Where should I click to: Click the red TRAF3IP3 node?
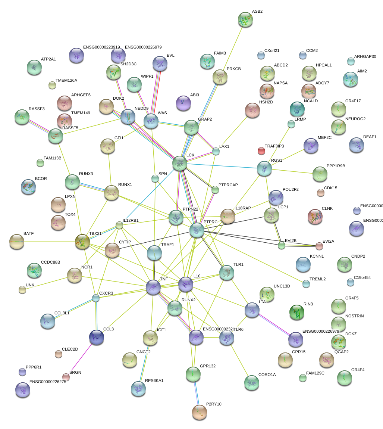coord(261,151)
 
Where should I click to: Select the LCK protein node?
coord(179,163)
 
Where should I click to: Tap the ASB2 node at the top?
coord(245,20)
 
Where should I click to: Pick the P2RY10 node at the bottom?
coord(199,412)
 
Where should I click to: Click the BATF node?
coord(16,242)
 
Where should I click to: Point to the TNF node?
coord(153,287)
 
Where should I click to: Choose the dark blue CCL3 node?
coord(97,337)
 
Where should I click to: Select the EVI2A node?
coord(319,246)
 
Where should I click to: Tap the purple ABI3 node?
coord(183,103)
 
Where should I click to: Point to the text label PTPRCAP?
coord(228,185)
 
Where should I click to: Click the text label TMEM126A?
coord(66,81)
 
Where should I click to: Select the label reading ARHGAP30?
coord(365,56)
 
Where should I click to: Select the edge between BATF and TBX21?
coord(48,242)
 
